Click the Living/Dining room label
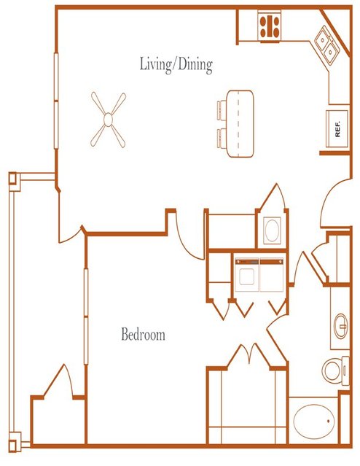click(x=176, y=64)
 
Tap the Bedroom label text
click(x=143, y=334)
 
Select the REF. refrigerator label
click(x=337, y=129)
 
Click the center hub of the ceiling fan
click(x=108, y=120)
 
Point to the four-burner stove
click(x=270, y=26)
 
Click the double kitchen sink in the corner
click(x=326, y=45)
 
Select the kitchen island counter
click(x=240, y=124)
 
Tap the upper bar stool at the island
click(x=222, y=110)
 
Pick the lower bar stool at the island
click(x=222, y=138)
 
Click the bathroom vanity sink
click(x=341, y=326)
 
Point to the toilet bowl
click(x=332, y=371)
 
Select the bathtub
click(x=314, y=422)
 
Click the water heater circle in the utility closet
click(x=272, y=230)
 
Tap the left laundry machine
click(x=246, y=275)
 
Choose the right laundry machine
click(x=272, y=275)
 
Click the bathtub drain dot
click(x=329, y=421)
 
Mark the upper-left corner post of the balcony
click(x=14, y=179)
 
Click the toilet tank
click(x=345, y=370)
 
